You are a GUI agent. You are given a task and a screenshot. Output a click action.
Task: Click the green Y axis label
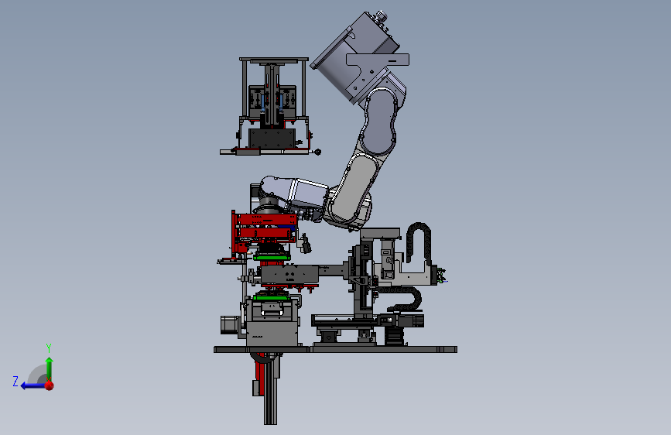[x=49, y=348]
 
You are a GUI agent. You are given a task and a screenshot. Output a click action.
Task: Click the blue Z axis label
[x=15, y=381]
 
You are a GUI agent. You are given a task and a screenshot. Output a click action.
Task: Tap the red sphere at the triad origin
[x=50, y=385]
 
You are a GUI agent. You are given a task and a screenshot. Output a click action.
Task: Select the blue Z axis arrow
[x=33, y=385]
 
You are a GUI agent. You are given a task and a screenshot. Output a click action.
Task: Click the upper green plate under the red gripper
[x=272, y=258]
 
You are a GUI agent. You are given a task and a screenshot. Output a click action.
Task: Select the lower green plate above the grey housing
[x=272, y=297]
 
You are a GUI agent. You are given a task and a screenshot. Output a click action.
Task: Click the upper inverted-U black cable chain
[x=418, y=241]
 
